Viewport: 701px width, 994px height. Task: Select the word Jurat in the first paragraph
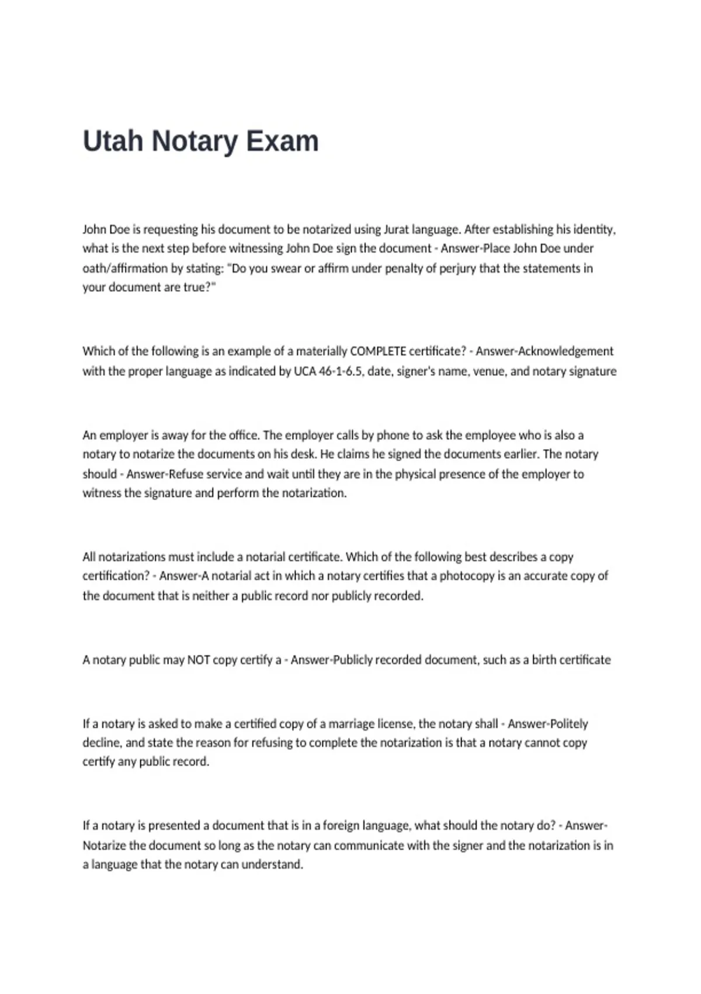tap(397, 229)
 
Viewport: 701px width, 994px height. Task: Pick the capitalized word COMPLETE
tap(377, 351)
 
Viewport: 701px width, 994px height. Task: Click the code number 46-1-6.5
tap(340, 371)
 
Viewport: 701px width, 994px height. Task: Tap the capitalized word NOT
tap(198, 660)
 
